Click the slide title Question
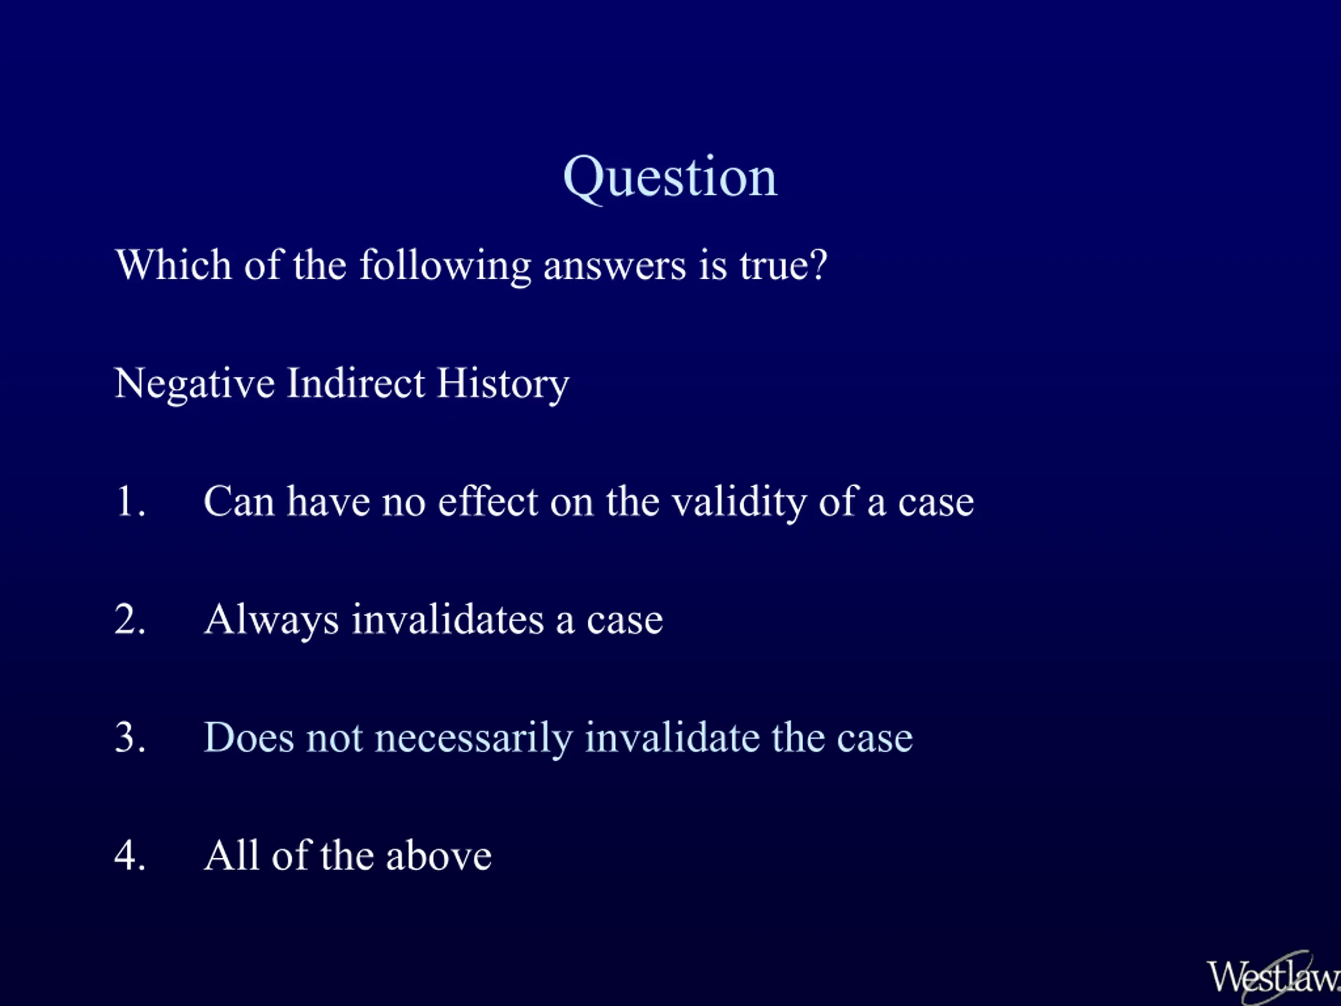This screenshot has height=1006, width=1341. tap(670, 178)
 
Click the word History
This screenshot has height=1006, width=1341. tap(502, 384)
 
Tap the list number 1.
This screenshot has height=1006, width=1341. tap(130, 501)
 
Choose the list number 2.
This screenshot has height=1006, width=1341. tap(130, 619)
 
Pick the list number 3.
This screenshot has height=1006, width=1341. tap(130, 737)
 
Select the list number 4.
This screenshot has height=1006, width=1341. tap(130, 855)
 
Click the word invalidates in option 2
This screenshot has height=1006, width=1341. tap(448, 619)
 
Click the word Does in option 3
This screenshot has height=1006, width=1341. tap(249, 737)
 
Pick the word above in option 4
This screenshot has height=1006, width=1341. tap(438, 855)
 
